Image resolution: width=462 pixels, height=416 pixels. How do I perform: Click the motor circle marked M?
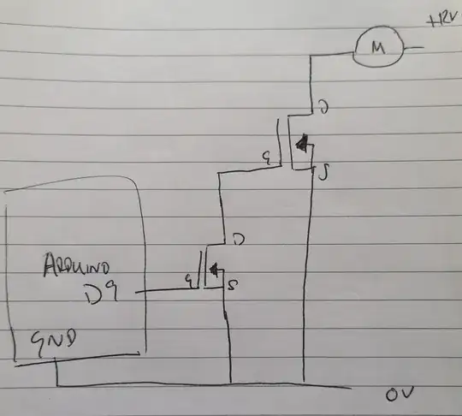(x=376, y=47)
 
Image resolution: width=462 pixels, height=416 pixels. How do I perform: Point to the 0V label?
(x=400, y=396)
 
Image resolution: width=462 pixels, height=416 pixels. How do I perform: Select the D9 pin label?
(x=102, y=295)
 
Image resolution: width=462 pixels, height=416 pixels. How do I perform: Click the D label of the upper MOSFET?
(x=323, y=108)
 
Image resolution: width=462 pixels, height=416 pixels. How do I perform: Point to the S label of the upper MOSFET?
(x=324, y=175)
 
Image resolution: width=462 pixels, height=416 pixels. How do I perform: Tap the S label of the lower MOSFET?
(x=234, y=284)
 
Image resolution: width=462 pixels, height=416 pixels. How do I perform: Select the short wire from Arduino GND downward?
(x=56, y=372)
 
